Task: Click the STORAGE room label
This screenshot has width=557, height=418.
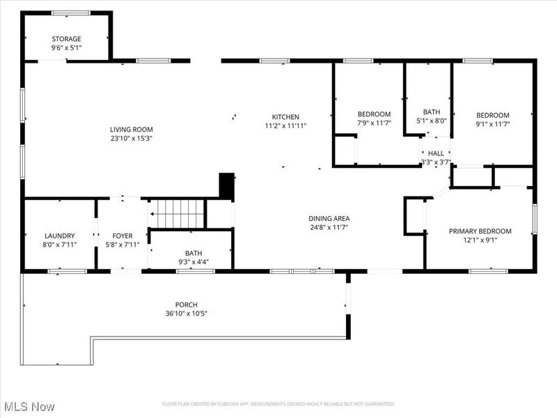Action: coord(66,39)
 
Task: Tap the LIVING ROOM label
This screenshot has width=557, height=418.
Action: coord(131,130)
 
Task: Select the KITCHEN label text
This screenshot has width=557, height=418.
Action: coord(285,116)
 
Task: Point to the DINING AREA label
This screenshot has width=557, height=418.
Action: coord(329,218)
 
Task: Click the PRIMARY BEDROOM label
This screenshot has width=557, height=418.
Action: coord(480,231)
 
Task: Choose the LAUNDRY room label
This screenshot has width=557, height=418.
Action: coord(59,236)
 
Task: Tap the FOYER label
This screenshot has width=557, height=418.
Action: coord(121,236)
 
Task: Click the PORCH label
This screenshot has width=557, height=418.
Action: coord(186,304)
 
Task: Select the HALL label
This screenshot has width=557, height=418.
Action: coord(436,153)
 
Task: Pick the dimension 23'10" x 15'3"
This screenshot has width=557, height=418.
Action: coord(131,139)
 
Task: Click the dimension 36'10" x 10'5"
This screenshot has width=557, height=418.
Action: coord(186,313)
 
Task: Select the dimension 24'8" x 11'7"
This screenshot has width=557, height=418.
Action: coord(329,227)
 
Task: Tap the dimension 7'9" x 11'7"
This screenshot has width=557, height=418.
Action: coord(374,123)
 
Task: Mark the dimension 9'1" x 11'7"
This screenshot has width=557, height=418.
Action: coord(492,125)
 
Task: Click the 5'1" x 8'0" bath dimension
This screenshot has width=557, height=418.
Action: coord(431,121)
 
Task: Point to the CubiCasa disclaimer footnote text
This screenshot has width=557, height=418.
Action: coord(278,404)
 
